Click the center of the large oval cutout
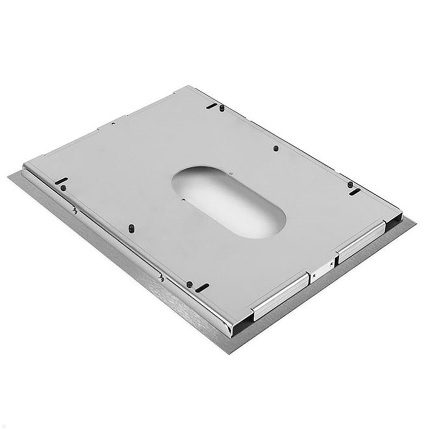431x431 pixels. pyautogui.click(x=228, y=202)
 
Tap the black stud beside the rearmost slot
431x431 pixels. pyautogui.click(x=222, y=107)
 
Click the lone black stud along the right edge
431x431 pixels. pyautogui.click(x=275, y=148)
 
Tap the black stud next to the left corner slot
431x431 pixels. pyautogui.click(x=63, y=187)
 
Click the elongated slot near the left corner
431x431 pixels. pyautogui.click(x=62, y=181)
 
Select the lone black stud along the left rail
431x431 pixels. pyautogui.click(x=131, y=228)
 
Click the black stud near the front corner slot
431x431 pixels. pyautogui.click(x=189, y=284)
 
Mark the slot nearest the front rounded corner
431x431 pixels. pyautogui.click(x=203, y=287)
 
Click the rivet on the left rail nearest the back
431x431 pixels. pyautogui.click(x=75, y=211)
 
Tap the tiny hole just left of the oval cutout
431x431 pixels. pyautogui.click(x=183, y=199)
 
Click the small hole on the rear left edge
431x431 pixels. pyautogui.click(x=113, y=124)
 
